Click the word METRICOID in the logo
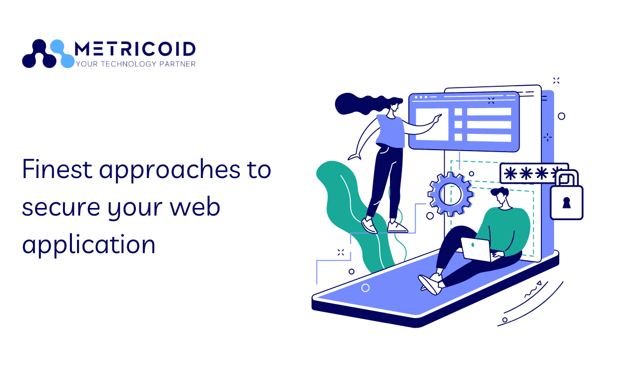pyautogui.click(x=135, y=49)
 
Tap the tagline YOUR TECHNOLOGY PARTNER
pyautogui.click(x=135, y=64)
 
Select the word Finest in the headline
pyautogui.click(x=57, y=169)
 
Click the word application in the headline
pyautogui.click(x=89, y=246)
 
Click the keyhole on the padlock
pyautogui.click(x=566, y=203)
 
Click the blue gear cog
pyautogui.click(x=450, y=193)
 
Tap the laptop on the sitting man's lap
pyautogui.click(x=477, y=249)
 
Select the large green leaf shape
pyautogui.click(x=345, y=203)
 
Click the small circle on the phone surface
pyautogui.click(x=365, y=288)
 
